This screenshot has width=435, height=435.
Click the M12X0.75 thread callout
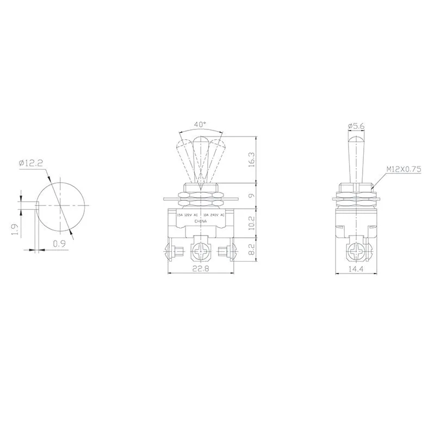tap(404, 169)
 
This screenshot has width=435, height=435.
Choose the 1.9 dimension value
tap(16, 231)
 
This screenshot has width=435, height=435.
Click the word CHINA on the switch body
tap(201, 222)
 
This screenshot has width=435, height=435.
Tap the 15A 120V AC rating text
tap(188, 216)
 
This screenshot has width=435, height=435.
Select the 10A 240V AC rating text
tap(214, 216)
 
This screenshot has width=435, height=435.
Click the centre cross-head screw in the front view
tap(201, 252)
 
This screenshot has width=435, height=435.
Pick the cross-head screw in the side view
tap(358, 252)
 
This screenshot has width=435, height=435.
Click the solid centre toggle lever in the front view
tap(201, 160)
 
